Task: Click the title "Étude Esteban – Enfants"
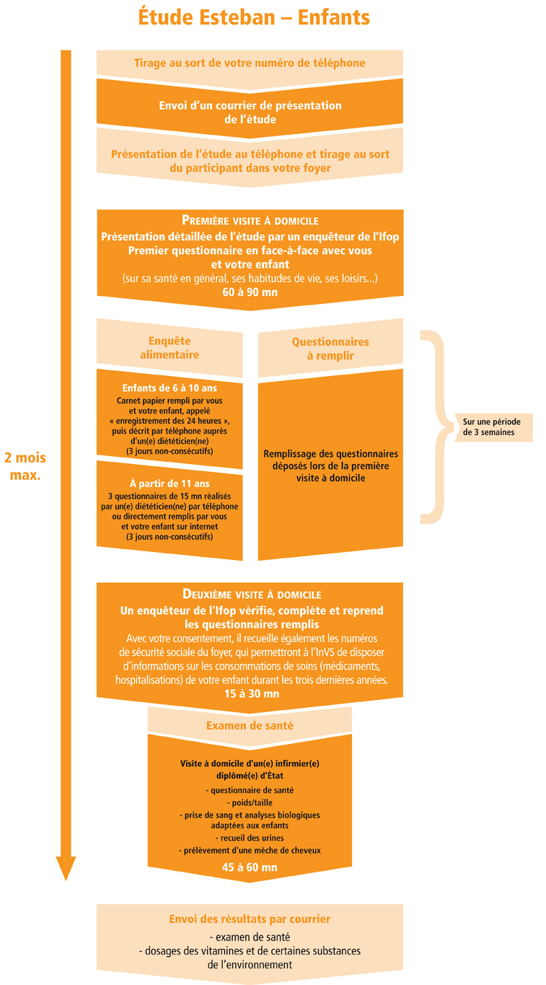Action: tap(253, 17)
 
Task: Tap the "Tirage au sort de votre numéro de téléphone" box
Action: tap(249, 63)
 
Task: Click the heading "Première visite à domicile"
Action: tap(250, 221)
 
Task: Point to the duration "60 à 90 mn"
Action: tap(250, 293)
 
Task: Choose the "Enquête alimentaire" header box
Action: tap(169, 348)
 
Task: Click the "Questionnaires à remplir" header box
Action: tap(330, 348)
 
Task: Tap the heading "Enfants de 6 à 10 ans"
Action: tap(169, 387)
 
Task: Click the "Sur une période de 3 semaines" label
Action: tap(492, 426)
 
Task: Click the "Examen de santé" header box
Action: tap(250, 725)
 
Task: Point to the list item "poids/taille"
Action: tap(250, 802)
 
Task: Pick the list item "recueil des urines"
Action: tap(250, 838)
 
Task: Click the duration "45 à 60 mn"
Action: tap(250, 867)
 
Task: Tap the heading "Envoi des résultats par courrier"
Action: tap(250, 919)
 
